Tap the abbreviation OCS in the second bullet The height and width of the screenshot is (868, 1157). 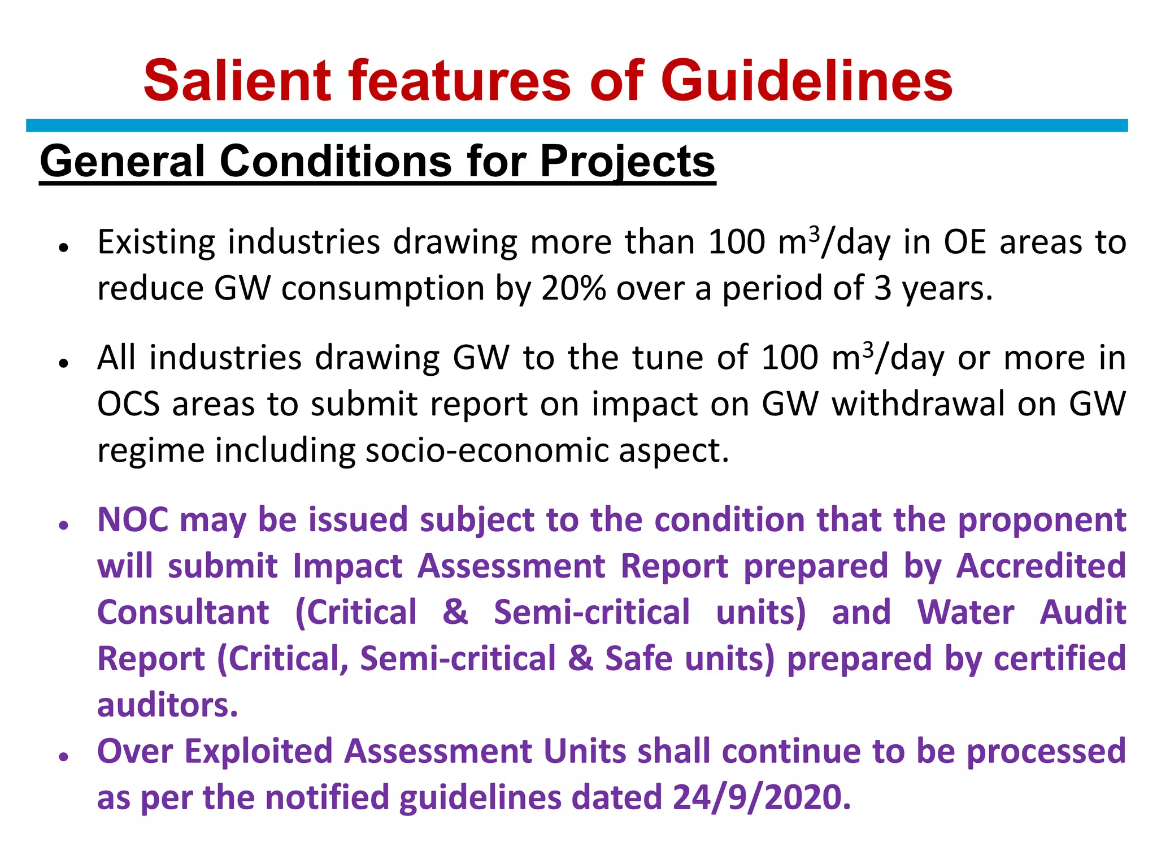[x=128, y=405]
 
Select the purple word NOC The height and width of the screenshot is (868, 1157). [x=132, y=520]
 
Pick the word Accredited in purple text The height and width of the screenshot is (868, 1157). [x=1041, y=566]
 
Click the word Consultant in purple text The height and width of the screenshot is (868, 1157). [x=183, y=613]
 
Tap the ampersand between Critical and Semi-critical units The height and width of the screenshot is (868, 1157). [x=455, y=613]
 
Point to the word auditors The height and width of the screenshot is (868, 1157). [x=167, y=705]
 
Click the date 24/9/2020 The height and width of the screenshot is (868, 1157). [x=761, y=798]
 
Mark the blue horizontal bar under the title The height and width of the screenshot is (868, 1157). [x=576, y=125]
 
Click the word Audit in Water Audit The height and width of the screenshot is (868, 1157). [x=1083, y=613]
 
